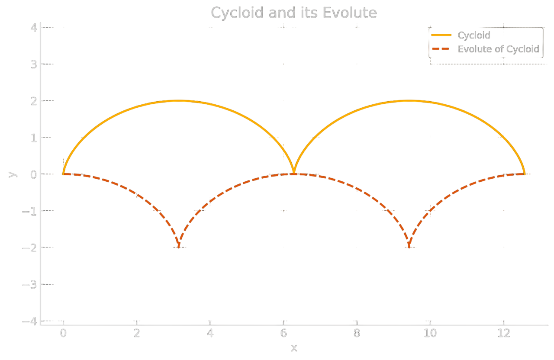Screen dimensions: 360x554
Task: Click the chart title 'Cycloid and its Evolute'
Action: [x=293, y=13]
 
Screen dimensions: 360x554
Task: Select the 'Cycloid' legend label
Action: [x=474, y=35]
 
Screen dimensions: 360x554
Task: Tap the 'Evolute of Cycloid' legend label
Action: [x=498, y=49]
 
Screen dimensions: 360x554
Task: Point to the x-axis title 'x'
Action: [x=294, y=347]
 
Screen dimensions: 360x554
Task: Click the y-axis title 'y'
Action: [x=13, y=174]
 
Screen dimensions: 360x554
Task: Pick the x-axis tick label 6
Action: [x=283, y=334]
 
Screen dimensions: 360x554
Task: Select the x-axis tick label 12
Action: [x=503, y=334]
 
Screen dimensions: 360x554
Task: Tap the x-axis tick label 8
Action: [x=357, y=334]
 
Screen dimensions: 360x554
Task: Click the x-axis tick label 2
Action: [x=137, y=334]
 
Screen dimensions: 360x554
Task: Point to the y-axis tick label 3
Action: [x=33, y=64]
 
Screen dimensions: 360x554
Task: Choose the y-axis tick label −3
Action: [x=30, y=284]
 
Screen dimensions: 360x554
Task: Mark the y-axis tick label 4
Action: [x=33, y=27]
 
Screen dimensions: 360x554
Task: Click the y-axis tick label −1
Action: [x=30, y=211]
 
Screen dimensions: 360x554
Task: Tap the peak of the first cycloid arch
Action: [x=179, y=100]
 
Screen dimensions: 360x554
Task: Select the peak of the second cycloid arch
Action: [x=409, y=100]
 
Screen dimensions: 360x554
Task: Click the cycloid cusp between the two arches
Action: [x=294, y=173]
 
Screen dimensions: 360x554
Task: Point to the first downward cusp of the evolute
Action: [x=179, y=247]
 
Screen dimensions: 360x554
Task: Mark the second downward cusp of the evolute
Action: [x=409, y=247]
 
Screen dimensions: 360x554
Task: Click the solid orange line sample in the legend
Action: [x=441, y=35]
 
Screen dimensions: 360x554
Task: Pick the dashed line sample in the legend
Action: [x=441, y=49]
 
